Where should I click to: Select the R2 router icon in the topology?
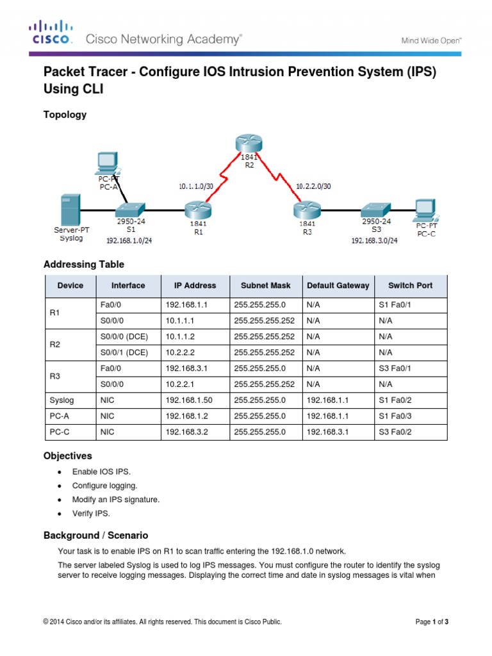click(x=249, y=143)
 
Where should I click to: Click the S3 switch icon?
click(x=374, y=209)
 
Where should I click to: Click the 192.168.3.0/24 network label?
click(x=374, y=241)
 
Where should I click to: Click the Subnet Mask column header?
click(x=265, y=286)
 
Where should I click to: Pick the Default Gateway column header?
click(x=338, y=286)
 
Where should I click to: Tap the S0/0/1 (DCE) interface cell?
click(x=124, y=352)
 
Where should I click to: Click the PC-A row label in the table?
click(x=60, y=416)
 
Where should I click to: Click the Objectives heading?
click(x=67, y=456)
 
